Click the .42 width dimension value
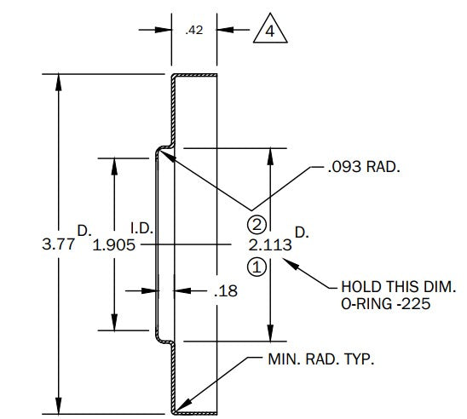tap(194, 30)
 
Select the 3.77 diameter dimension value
tap(58, 244)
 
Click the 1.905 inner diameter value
tap(114, 245)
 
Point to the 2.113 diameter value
tap(270, 245)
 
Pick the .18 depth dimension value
tap(226, 291)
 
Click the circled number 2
tap(257, 225)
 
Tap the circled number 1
tap(257, 267)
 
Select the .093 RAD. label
tap(364, 167)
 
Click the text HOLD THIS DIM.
tap(399, 287)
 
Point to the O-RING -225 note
tap(386, 304)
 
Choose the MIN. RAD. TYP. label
tap(321, 359)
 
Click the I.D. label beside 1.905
tap(142, 228)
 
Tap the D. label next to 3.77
tap(84, 231)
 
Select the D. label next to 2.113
tap(302, 232)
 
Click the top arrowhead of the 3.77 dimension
tap(58, 82)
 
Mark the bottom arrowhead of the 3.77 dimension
tap(58, 405)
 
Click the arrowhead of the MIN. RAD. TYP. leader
tap(182, 405)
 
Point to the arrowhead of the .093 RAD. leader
tap(167, 157)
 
